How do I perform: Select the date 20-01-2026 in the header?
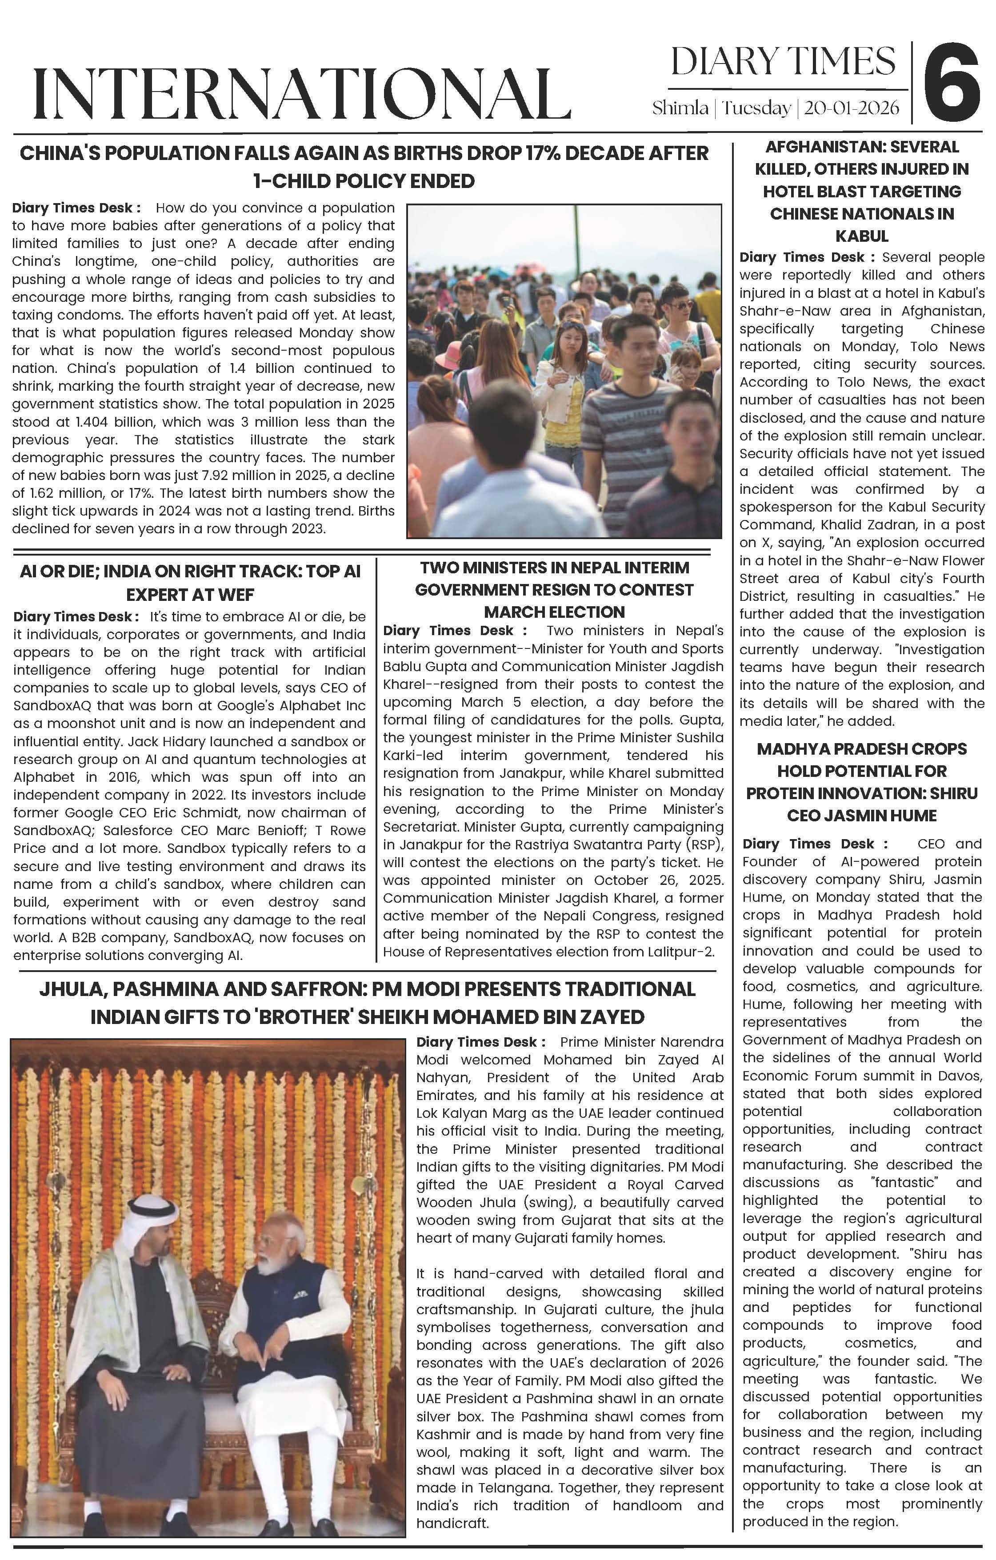[851, 108]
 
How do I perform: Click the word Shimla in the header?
[680, 108]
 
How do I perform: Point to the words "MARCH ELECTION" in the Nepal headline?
[554, 612]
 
